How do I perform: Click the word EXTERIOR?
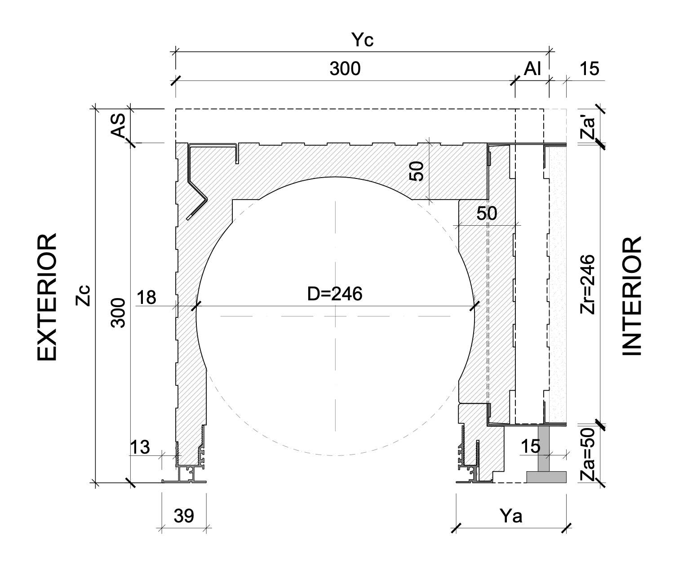click(47, 297)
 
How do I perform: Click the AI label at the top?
click(532, 69)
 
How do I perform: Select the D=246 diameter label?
click(335, 294)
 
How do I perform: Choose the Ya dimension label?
click(511, 517)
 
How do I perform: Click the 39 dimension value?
click(184, 517)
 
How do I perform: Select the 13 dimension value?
click(140, 447)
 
